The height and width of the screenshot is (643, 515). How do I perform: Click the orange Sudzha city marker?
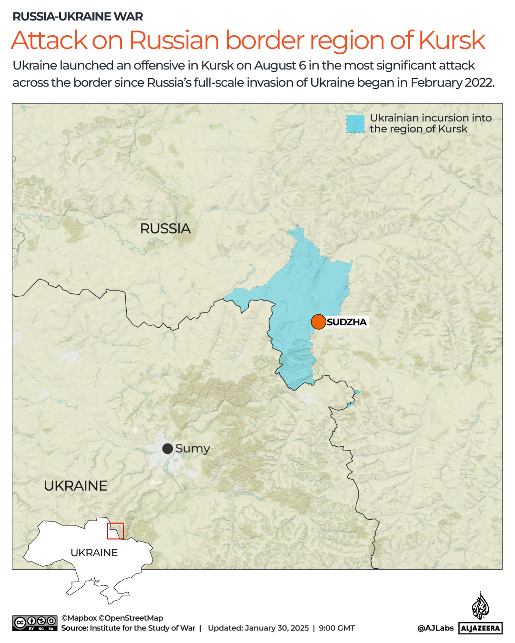pos(318,322)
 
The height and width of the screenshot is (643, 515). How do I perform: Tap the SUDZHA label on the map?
pos(347,322)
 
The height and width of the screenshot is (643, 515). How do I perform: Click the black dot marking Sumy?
pos(167,449)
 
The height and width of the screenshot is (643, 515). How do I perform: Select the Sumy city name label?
pos(192,449)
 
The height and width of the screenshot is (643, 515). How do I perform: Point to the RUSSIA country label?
pos(165,229)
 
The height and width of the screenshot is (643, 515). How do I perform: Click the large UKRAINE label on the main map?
pos(76,486)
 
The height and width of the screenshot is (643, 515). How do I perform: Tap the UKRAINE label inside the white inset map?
pos(94,553)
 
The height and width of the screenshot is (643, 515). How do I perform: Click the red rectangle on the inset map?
pos(115,531)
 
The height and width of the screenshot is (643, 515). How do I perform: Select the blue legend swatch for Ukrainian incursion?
pos(355,124)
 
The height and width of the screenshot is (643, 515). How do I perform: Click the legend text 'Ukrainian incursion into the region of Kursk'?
pos(430,123)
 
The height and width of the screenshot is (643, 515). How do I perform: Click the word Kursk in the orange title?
pos(452,40)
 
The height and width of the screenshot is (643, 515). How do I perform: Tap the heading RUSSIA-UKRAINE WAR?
pos(78,17)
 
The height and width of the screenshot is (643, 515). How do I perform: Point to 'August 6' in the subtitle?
pos(280,66)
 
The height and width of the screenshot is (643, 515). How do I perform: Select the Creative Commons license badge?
pos(35,623)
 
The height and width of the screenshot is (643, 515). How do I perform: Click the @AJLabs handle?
pos(435,628)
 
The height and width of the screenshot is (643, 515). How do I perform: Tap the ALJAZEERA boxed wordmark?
pos(480,628)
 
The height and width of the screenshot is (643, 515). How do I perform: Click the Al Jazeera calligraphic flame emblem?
pos(480,606)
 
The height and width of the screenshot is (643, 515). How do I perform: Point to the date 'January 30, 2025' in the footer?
pos(277,628)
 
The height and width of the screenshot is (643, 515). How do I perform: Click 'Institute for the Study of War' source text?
pos(142,628)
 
